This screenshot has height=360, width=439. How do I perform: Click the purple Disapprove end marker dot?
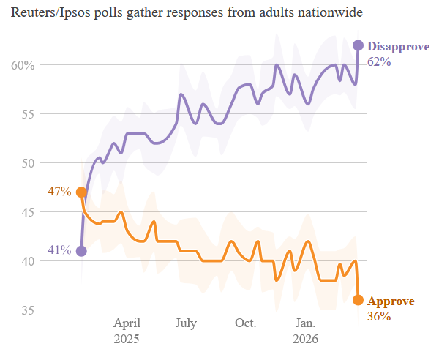(x=358, y=45)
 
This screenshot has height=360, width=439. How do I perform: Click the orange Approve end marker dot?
(x=358, y=300)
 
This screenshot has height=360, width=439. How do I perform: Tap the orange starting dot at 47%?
(x=81, y=192)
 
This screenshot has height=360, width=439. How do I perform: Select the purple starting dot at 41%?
(x=81, y=251)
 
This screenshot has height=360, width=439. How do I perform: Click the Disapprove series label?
(x=397, y=46)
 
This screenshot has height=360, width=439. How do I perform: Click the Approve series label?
(x=391, y=301)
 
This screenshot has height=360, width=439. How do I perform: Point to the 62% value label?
(x=379, y=61)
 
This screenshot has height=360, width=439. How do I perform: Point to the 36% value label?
(x=379, y=317)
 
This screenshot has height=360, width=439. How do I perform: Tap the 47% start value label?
(x=59, y=192)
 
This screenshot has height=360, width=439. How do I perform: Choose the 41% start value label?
(x=59, y=250)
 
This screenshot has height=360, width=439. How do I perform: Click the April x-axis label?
(x=127, y=323)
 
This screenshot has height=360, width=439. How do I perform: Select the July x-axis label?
(x=186, y=323)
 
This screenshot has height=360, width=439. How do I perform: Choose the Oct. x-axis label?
(x=245, y=323)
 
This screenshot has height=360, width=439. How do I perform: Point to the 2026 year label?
(x=305, y=340)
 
